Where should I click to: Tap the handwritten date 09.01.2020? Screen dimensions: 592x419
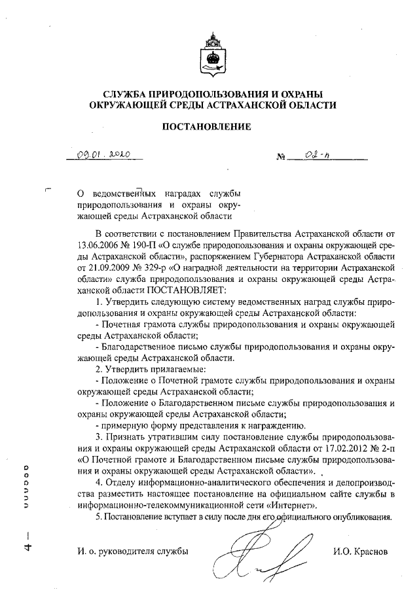pos(103,155)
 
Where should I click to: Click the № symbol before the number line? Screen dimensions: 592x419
pos(282,158)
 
